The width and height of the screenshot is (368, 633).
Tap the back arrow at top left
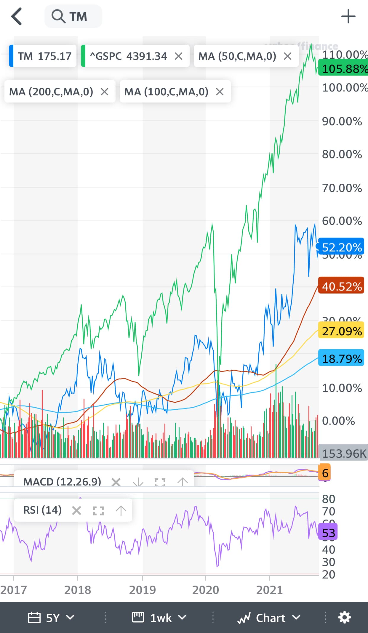click(x=17, y=17)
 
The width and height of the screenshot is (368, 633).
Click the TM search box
click(x=73, y=17)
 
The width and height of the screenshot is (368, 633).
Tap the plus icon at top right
click(x=348, y=17)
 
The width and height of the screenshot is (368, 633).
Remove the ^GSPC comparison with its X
click(x=178, y=56)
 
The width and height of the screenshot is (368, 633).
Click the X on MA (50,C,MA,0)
click(x=287, y=56)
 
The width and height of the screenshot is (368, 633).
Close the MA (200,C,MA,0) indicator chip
click(x=104, y=92)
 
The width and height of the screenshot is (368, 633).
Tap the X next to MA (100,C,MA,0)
click(x=220, y=92)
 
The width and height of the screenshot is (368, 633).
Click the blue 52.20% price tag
click(x=341, y=247)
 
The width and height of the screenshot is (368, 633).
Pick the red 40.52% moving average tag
click(x=341, y=286)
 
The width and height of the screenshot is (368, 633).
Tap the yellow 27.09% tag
click(x=341, y=331)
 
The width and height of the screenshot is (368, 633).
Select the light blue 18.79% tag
click(x=341, y=358)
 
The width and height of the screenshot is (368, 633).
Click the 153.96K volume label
click(x=344, y=453)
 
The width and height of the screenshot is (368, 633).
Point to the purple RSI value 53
click(x=328, y=533)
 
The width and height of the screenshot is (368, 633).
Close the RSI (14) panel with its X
click(x=76, y=510)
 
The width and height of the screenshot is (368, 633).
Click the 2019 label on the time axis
click(x=142, y=590)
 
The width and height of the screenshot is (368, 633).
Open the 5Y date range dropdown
click(x=51, y=618)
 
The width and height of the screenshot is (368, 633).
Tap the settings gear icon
click(x=345, y=618)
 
